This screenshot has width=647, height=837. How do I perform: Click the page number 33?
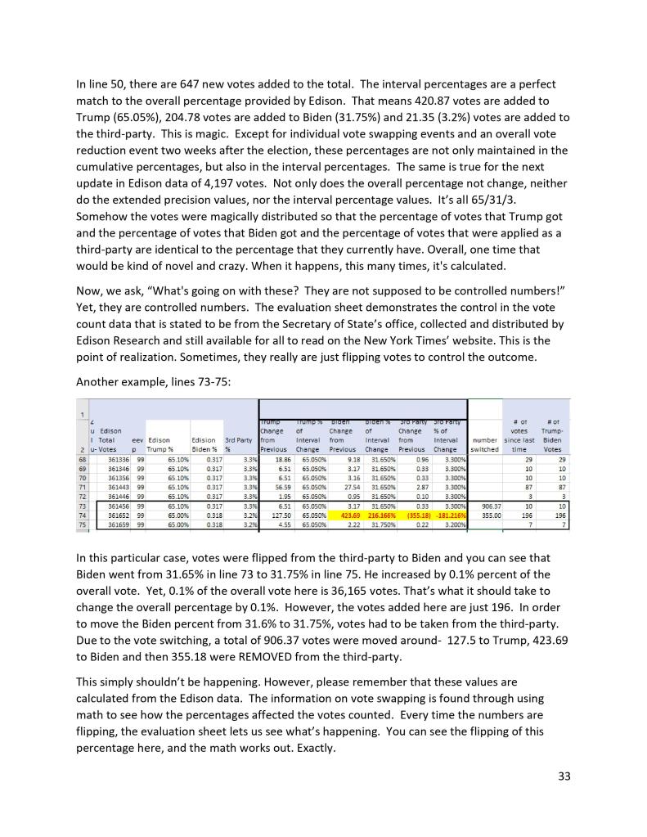coord(564,776)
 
